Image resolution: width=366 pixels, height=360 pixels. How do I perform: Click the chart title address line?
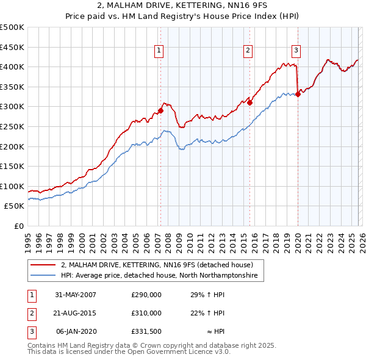182,5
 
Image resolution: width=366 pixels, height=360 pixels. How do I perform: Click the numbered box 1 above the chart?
159,51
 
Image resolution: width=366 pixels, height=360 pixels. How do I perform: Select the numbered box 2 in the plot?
249,51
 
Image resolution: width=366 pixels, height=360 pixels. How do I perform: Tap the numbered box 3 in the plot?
296,51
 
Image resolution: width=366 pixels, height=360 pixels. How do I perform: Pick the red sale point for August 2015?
250,103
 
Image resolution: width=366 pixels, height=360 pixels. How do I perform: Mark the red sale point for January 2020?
298,94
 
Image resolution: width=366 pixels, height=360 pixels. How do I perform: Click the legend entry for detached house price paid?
152,265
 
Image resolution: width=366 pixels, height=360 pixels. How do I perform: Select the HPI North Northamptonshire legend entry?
159,276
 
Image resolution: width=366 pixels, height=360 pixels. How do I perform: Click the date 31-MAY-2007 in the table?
76,295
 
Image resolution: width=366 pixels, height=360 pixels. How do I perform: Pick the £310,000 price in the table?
146,313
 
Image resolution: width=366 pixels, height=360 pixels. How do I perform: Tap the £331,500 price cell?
146,331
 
